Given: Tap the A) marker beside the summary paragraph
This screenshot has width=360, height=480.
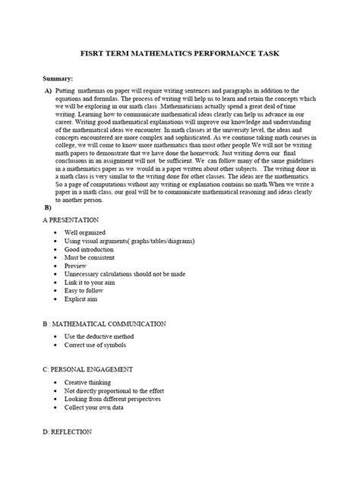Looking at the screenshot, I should pyautogui.click(x=48, y=90).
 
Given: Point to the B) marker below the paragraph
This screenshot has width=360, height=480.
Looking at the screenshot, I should pyautogui.click(x=48, y=207).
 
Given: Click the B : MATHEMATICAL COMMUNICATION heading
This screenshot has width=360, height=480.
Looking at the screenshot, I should pyautogui.click(x=114, y=324).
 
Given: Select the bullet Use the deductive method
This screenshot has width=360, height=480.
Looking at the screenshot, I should pyautogui.click(x=103, y=336).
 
